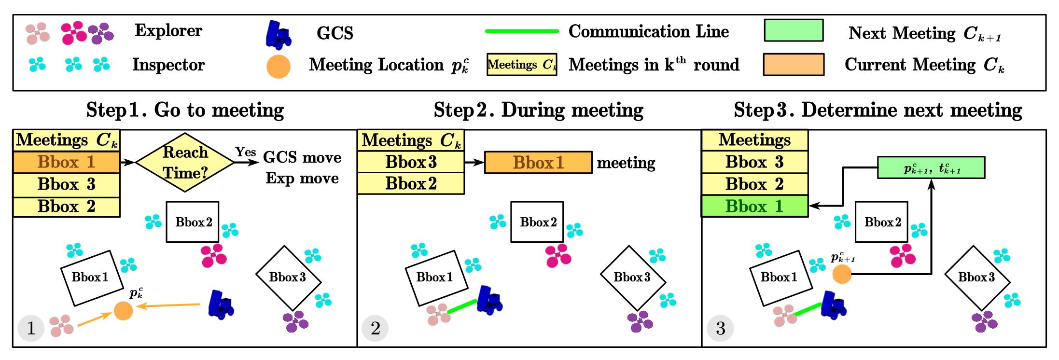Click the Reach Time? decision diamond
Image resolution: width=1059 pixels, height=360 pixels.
[x=185, y=163]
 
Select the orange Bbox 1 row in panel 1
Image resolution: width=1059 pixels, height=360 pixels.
[x=66, y=162]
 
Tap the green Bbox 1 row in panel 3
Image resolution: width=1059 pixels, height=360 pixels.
[x=754, y=207]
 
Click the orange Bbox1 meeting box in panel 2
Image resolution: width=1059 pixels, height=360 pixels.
[x=538, y=163]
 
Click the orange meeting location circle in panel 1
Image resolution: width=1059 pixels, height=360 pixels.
[x=123, y=310]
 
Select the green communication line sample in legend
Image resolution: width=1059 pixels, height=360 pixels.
[x=521, y=31]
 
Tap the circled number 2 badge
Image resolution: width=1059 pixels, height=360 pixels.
[x=375, y=329]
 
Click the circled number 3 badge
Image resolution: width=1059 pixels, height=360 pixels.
[x=720, y=329]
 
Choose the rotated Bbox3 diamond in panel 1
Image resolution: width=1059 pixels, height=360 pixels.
[x=288, y=277]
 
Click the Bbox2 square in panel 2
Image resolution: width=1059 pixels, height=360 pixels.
[x=537, y=222]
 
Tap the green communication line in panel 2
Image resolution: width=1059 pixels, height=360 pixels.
[x=462, y=306]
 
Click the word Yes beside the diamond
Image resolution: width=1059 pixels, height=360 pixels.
[x=246, y=152]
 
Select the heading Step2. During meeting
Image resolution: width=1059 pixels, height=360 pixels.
[x=538, y=110]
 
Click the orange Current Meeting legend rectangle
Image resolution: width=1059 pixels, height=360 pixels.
[x=793, y=65]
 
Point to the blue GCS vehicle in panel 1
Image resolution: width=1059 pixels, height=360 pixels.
[x=220, y=304]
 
